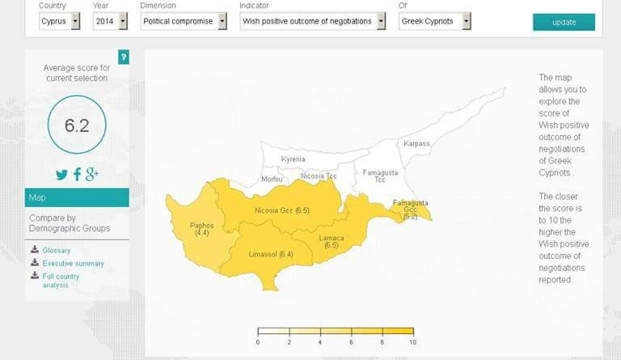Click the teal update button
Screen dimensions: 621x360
(564, 22)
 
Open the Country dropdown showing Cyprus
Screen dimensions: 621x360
(60, 21)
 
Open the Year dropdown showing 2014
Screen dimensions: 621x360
(110, 21)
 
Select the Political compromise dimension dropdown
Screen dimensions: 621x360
(184, 21)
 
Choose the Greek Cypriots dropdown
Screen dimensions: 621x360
(433, 21)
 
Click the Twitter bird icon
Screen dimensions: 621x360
(62, 174)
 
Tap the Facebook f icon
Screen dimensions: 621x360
(78, 174)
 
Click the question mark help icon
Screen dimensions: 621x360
(123, 57)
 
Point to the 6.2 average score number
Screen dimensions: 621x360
(76, 125)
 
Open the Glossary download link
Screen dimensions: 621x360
(56, 251)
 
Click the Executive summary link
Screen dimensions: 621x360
(73, 264)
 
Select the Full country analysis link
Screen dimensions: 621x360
(61, 281)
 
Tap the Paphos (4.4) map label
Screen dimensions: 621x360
(201, 229)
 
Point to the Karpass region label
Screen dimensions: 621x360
(416, 144)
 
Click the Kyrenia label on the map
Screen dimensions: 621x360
(293, 159)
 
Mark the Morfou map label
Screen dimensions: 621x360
(272, 180)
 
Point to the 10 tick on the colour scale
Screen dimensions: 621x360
(413, 343)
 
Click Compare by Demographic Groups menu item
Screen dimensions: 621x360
(69, 222)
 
